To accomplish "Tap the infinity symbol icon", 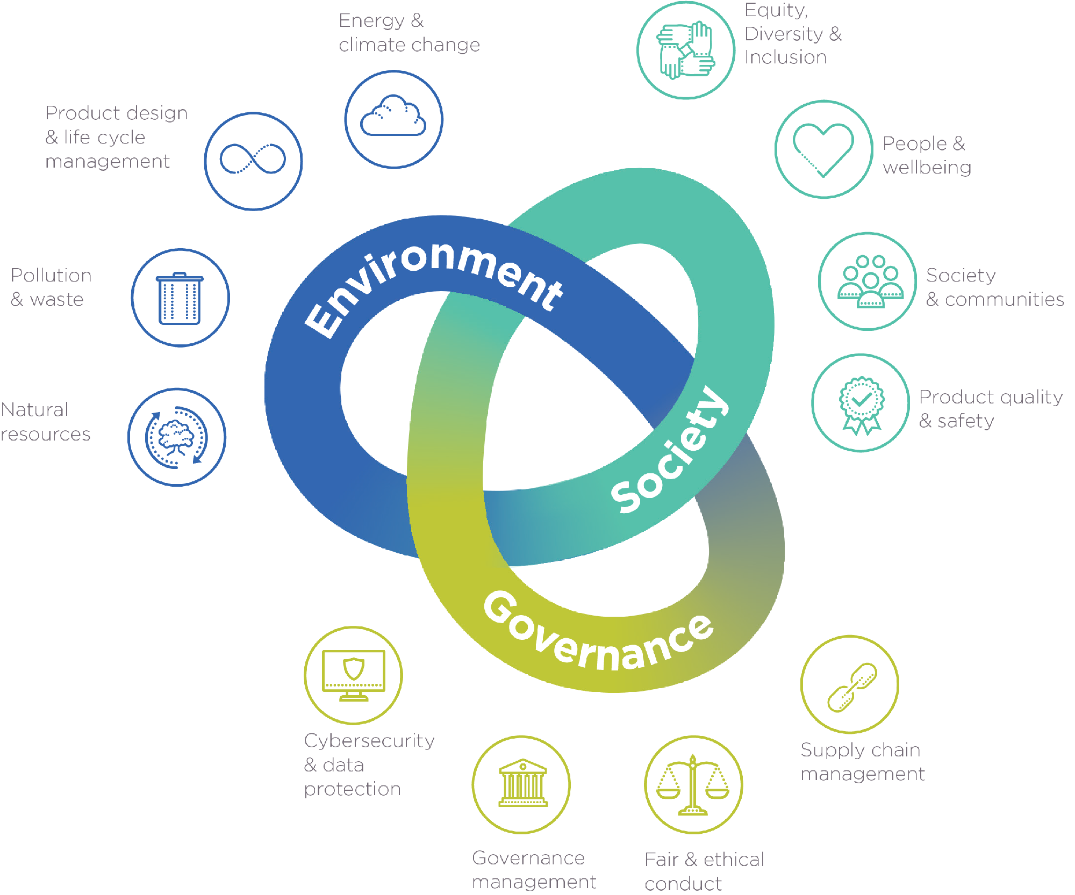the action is point(253,159).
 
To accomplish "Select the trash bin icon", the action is point(180,298).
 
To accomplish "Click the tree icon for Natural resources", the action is point(176,437).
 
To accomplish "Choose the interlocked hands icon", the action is point(685,50).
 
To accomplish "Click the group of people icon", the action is point(870,282).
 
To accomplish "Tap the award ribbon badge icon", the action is point(862,405).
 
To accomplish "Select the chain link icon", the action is point(852,687).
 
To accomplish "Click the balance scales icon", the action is point(693,785).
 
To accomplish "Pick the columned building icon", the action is point(523,783).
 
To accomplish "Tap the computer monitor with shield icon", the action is point(354,675).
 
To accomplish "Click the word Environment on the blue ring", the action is point(433,285).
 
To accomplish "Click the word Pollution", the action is point(51,275).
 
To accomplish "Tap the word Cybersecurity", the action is point(369,741).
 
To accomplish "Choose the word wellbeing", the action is point(927,168).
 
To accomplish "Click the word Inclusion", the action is point(785,57).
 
